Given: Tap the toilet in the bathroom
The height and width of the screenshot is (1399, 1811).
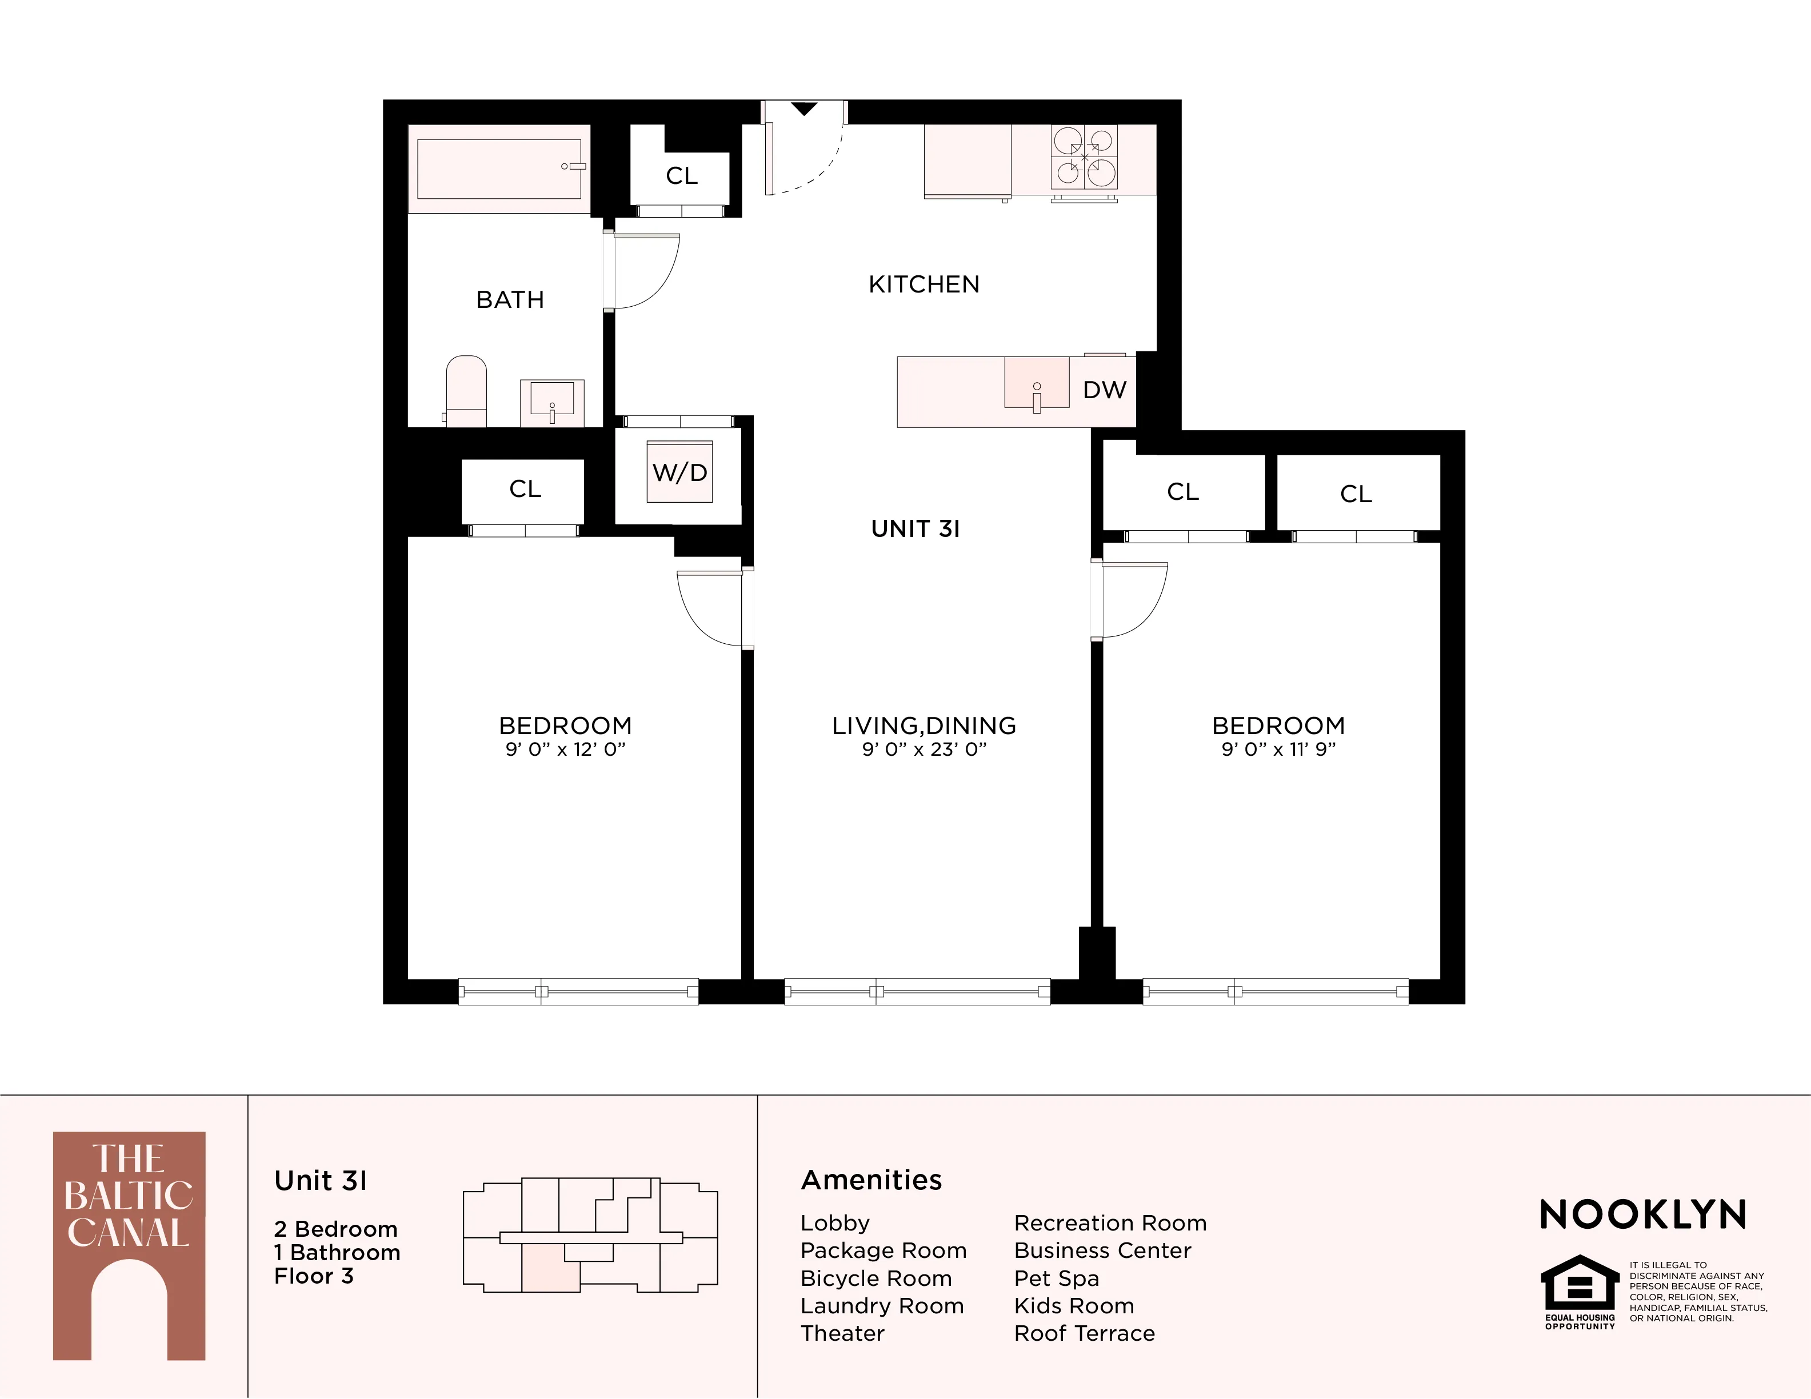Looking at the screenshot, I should pyautogui.click(x=466, y=390).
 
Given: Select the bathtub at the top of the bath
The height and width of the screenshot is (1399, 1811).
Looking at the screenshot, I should pyautogui.click(x=498, y=169).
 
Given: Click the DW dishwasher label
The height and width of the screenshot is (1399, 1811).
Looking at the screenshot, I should pyautogui.click(x=1105, y=390).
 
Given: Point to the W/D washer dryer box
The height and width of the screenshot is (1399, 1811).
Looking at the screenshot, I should pyautogui.click(x=680, y=472).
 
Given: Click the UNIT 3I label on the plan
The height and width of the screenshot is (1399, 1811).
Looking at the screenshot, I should pyautogui.click(x=916, y=529).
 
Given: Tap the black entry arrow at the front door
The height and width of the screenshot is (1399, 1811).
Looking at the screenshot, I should pyautogui.click(x=803, y=109).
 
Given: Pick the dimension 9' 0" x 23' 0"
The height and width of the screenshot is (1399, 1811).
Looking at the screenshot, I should pyautogui.click(x=924, y=750).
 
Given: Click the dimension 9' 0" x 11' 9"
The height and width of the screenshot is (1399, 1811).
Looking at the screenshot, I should pyautogui.click(x=1278, y=750).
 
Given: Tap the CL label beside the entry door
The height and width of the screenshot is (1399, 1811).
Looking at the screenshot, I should pyautogui.click(x=682, y=176).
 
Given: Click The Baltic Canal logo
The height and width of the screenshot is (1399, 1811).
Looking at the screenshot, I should pyautogui.click(x=129, y=1246).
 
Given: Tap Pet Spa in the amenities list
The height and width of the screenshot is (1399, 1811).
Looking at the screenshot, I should pyautogui.click(x=1057, y=1278).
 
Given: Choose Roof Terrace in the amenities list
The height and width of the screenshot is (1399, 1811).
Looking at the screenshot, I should pyautogui.click(x=1084, y=1333).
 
